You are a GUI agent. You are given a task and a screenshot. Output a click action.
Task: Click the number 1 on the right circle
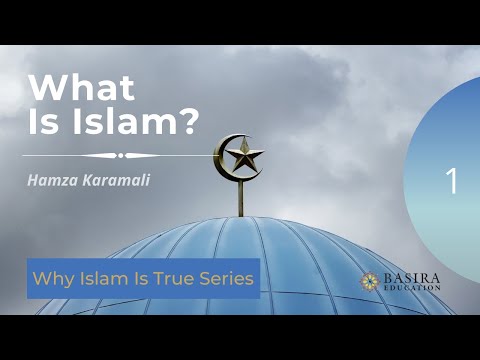[x=452, y=182]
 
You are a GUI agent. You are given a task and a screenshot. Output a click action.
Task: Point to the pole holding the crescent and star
[x=240, y=198]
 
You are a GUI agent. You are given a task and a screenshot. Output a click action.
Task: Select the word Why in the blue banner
[x=50, y=278]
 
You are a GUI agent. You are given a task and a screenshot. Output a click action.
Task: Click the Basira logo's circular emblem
[x=371, y=281]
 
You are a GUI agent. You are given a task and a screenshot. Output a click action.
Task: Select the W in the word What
[x=44, y=87]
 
